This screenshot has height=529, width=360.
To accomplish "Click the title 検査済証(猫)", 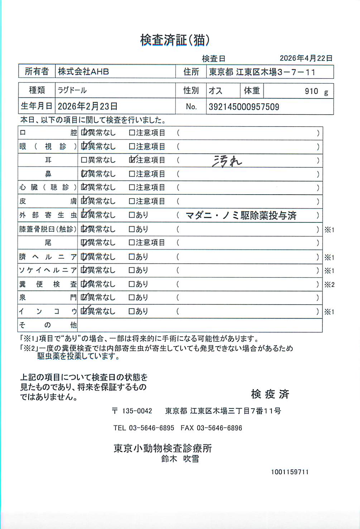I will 174,40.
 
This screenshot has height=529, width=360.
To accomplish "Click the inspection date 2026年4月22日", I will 306,58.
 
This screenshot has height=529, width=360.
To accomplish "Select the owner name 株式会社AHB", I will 83,72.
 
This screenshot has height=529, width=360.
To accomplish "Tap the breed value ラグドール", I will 72,90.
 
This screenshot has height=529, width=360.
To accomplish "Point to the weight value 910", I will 311,91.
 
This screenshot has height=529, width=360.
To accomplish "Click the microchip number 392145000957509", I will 244,107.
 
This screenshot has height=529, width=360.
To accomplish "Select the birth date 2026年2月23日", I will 87,106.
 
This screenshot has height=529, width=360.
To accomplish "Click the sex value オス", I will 215,91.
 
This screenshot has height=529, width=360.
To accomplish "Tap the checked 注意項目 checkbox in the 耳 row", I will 132,160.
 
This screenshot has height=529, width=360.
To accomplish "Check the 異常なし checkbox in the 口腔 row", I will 84,133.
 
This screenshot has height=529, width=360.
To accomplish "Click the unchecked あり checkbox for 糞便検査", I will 132,284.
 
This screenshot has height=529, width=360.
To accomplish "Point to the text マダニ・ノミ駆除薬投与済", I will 241,215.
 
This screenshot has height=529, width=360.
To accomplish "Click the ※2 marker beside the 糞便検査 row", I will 329,285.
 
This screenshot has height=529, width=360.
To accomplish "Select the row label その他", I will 48,325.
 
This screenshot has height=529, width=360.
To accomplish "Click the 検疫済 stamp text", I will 270,394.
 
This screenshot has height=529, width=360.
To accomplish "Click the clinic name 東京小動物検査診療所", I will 163,448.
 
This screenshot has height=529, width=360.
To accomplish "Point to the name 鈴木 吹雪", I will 180,459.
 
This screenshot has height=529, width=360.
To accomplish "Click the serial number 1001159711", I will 289,472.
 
